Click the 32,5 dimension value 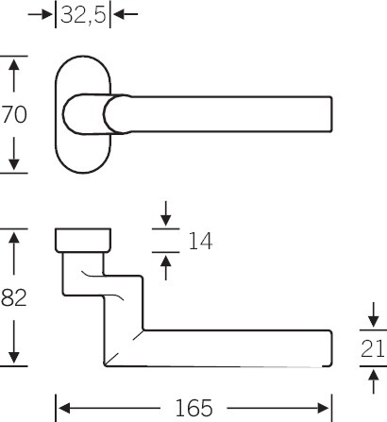point(84,14)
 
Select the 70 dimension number point(14,114)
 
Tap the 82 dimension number point(14,297)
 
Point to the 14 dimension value point(200,241)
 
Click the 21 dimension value point(373,348)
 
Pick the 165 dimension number point(193,408)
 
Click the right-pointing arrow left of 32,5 point(41,14)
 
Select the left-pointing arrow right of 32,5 point(126,14)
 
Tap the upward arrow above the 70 point(14,76)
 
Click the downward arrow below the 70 point(14,154)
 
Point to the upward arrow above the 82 point(14,253)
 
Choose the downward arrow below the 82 point(14,342)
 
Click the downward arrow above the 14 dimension point(166,213)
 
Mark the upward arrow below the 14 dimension point(166,268)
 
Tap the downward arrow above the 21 point(374,314)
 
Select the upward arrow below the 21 point(374,381)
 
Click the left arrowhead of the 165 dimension point(64,408)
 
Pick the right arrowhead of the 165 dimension point(324,408)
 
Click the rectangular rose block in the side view point(83,240)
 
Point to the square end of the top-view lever point(330,114)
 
